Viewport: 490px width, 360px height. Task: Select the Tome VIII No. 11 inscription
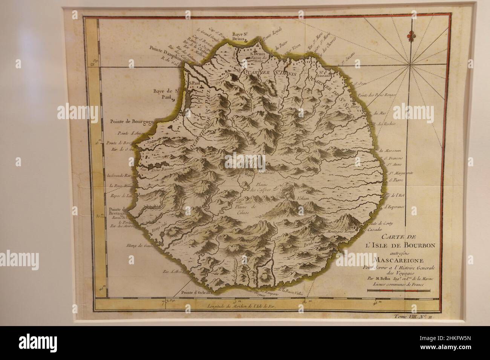click(413, 318)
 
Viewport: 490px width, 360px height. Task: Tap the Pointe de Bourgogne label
click(133, 121)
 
